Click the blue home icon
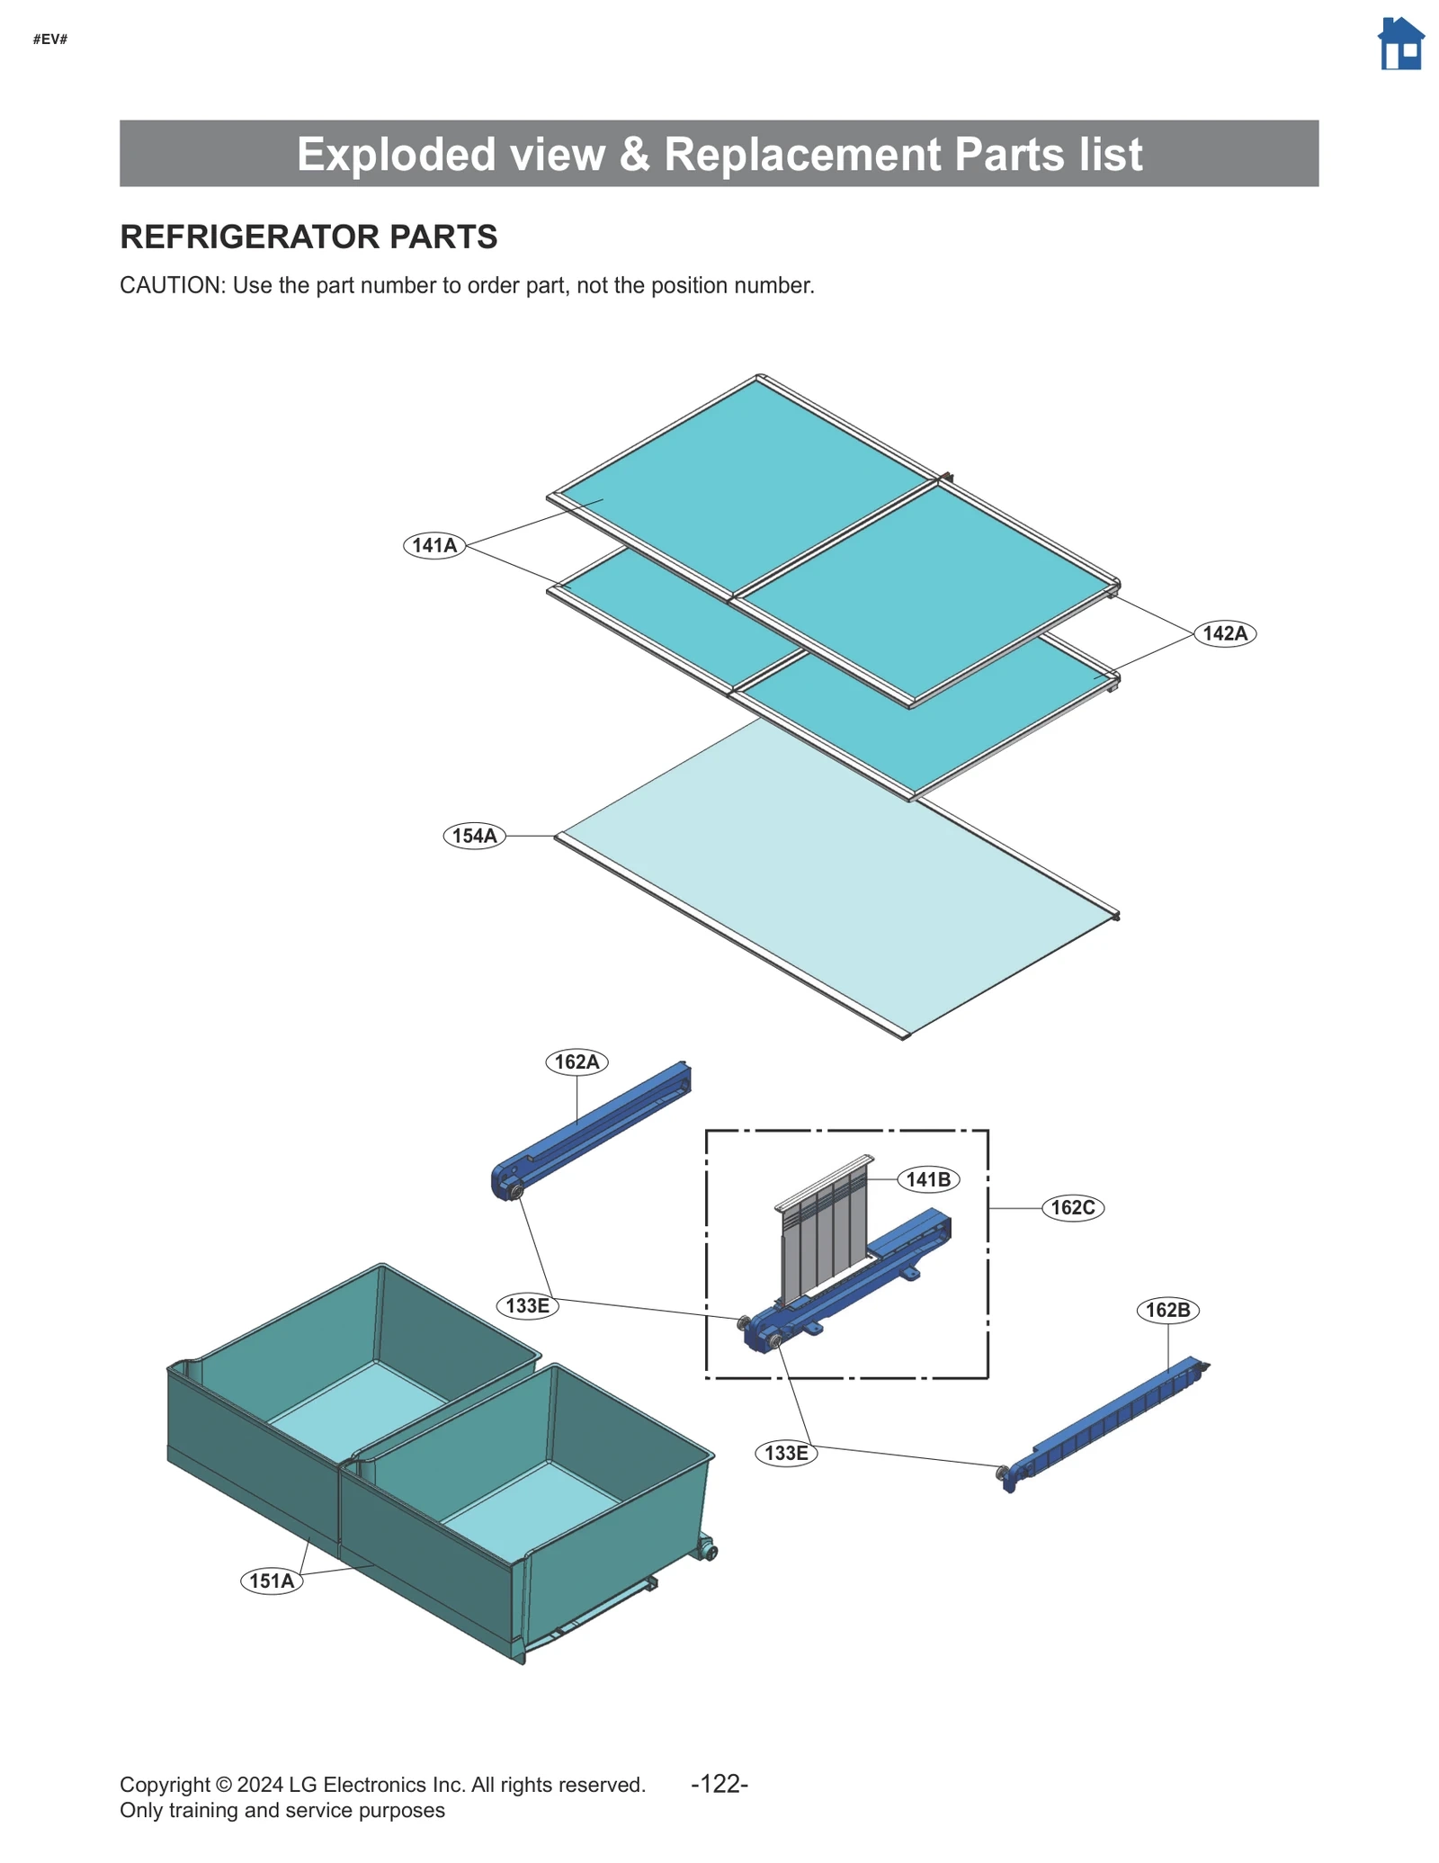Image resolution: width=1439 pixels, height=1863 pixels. [x=1399, y=44]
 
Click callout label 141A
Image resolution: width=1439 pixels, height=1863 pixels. [x=434, y=545]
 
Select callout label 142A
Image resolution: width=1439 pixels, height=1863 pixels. [x=1224, y=633]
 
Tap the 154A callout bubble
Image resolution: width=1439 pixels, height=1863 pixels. [x=474, y=836]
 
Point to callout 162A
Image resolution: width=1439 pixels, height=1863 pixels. [x=576, y=1061]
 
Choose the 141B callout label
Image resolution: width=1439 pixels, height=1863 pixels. [x=927, y=1179]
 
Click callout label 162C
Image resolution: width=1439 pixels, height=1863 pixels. [x=1072, y=1207]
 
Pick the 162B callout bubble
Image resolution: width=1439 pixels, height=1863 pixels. [x=1167, y=1310]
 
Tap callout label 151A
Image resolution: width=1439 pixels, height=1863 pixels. [x=272, y=1581]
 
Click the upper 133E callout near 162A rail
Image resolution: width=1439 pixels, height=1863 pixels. [x=527, y=1305]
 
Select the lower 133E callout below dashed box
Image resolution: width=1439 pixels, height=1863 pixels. [x=785, y=1453]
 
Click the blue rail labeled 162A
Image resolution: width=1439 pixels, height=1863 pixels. [x=594, y=1128]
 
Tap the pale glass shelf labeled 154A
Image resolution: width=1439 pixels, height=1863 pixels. [x=836, y=882]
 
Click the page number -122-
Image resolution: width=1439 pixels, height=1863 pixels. [x=719, y=1784]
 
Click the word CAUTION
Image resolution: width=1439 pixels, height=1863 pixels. [x=171, y=285]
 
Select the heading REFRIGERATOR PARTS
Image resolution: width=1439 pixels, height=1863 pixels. [x=308, y=237]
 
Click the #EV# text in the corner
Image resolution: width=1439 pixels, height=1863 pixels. [x=50, y=40]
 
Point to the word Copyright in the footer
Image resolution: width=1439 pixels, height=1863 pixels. [x=165, y=1785]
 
